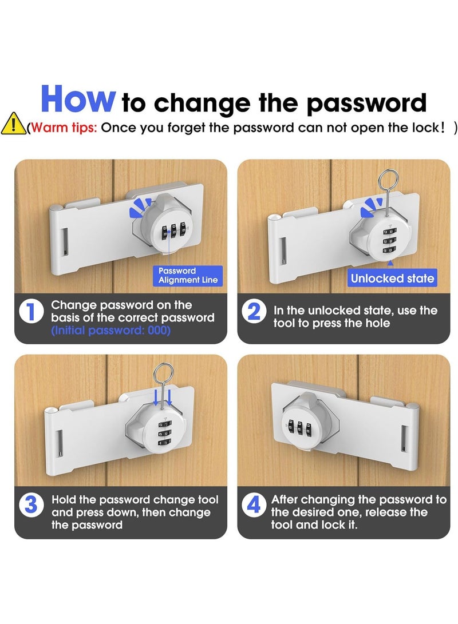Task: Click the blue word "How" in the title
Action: pos(78,99)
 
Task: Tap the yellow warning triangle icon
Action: pos(13,124)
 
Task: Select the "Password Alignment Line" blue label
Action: pos(188,275)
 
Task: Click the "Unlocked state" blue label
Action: pos(392,278)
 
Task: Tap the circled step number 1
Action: pos(31,311)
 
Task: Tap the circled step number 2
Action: pos(254,312)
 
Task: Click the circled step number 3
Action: pos(31,506)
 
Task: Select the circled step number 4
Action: pos(254,506)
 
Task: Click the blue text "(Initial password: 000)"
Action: pos(110,331)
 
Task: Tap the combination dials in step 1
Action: pos(173,231)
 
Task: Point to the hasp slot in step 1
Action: pos(65,241)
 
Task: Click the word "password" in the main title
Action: pos(366,103)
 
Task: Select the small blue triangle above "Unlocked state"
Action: pos(390,263)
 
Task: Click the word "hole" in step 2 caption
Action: pos(377,323)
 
